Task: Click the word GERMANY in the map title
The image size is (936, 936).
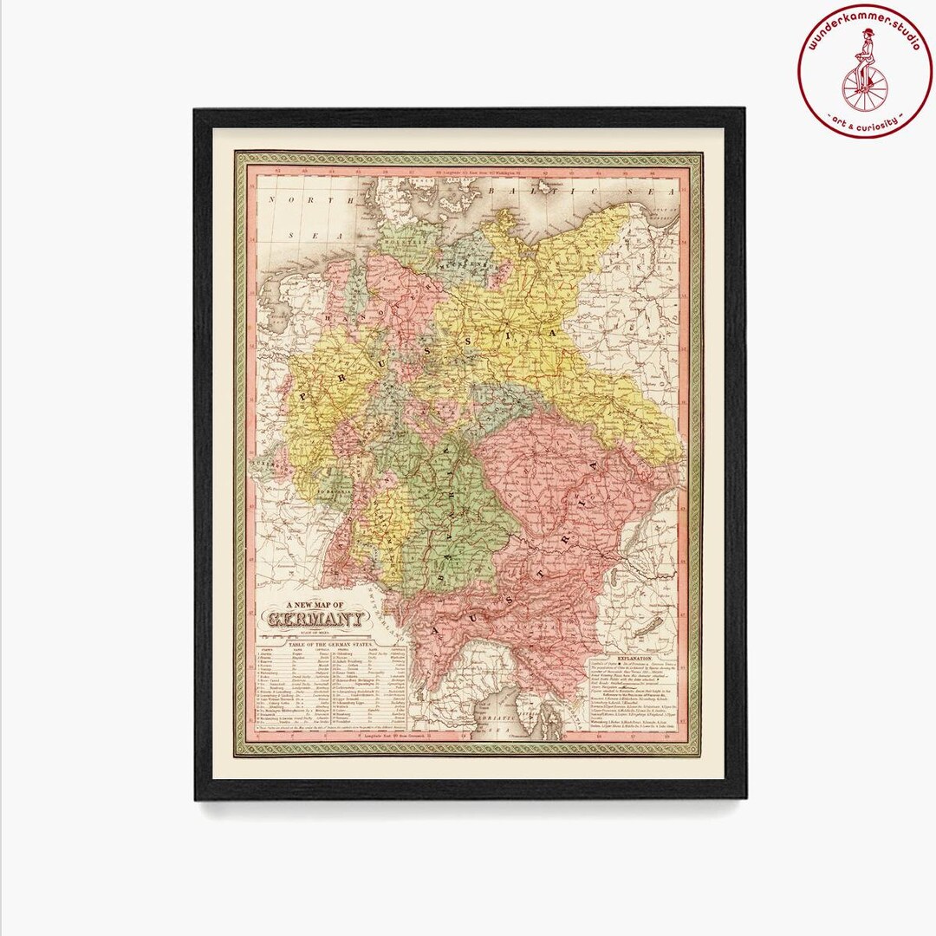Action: click(x=316, y=619)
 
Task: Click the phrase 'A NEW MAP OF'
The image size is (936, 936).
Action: click(x=316, y=604)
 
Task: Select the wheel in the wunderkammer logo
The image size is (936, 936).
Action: click(x=864, y=86)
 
